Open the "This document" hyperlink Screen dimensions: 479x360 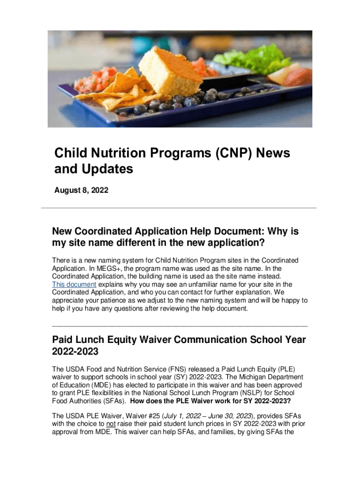click(x=74, y=284)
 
